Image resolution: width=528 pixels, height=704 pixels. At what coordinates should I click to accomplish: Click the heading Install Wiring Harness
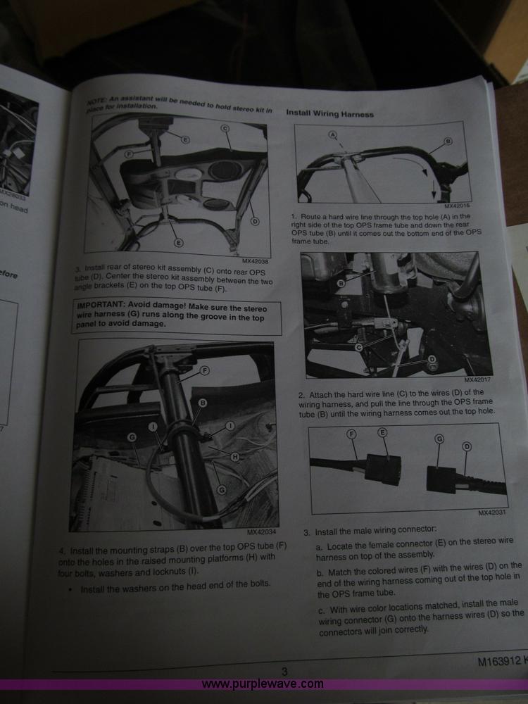coord(329,113)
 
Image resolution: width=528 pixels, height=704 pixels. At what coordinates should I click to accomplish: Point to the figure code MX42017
coord(478,380)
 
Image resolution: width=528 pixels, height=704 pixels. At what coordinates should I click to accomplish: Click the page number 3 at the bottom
coord(284,672)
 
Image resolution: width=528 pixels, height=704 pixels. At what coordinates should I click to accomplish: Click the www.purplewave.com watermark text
coord(263,684)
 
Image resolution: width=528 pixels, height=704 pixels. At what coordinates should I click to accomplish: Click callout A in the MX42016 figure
coord(332,134)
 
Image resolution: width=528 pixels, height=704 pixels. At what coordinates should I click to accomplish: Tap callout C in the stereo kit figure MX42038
coord(225,128)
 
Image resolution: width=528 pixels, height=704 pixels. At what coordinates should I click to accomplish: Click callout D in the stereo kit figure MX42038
coord(254,221)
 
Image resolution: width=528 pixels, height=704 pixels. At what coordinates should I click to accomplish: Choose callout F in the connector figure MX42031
coord(352,435)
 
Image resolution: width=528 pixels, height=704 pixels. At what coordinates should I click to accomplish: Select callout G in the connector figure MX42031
coord(439,439)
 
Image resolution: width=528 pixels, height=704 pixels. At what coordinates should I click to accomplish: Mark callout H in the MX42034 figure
coord(235,457)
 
